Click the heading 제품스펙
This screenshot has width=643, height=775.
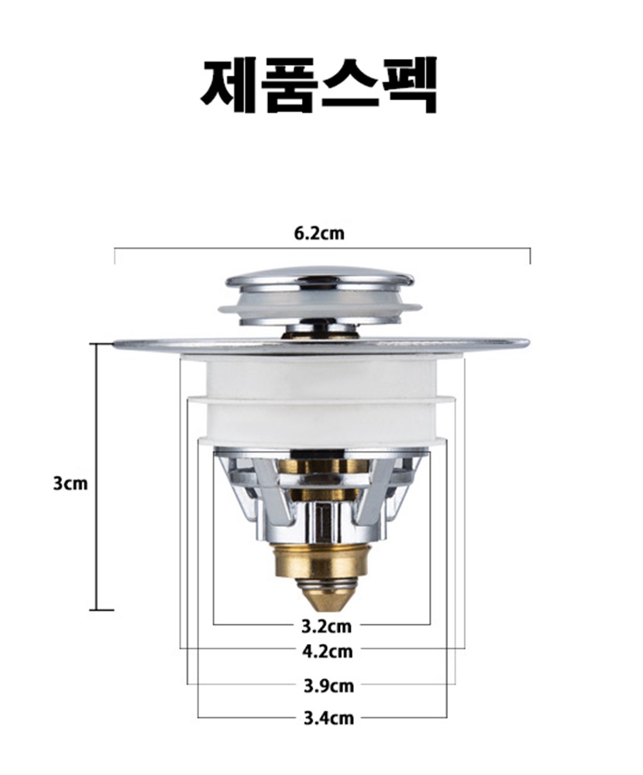click(x=318, y=84)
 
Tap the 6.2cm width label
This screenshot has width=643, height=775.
click(x=319, y=233)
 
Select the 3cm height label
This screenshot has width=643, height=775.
click(x=70, y=484)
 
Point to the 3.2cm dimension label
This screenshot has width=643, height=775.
click(x=327, y=627)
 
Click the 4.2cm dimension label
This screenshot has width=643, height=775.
click(x=328, y=652)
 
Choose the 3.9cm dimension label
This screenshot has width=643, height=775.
click(x=328, y=686)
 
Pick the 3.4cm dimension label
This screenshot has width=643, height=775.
click(x=328, y=718)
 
